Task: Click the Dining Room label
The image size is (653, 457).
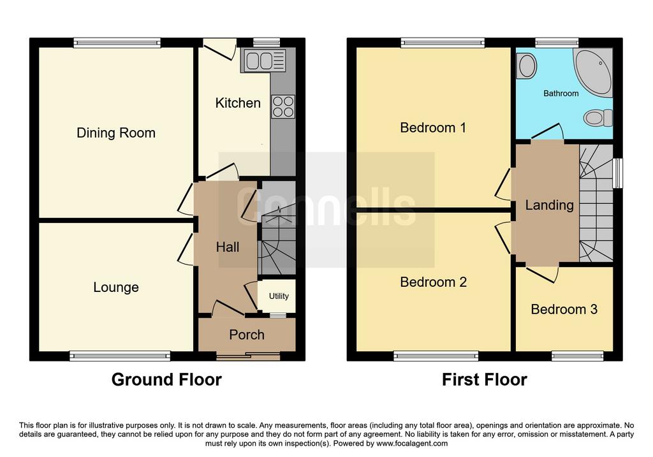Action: coord(116,133)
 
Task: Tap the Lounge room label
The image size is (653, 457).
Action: coord(116,287)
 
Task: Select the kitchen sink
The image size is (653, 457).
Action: coord(263,61)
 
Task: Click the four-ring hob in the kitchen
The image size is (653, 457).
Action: coord(283,106)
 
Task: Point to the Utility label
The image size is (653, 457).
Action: coord(279,296)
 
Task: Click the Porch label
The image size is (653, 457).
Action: coord(247,335)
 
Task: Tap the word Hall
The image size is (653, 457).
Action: coord(228,247)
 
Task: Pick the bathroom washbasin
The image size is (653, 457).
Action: coord(526,66)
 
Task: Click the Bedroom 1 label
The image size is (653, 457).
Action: coord(433,127)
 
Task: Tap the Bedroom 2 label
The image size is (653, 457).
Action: coord(433,282)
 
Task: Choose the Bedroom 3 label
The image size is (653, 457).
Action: coord(564,309)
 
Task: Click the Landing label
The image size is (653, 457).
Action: coord(549,205)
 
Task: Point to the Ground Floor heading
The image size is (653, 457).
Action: coord(166,380)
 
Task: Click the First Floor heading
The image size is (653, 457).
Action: coord(485,380)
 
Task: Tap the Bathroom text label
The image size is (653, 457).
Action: coord(561,94)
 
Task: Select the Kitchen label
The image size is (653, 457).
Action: coord(238,103)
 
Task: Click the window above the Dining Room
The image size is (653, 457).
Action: coord(117,43)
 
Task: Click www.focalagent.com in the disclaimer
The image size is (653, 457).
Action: coord(412,443)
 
